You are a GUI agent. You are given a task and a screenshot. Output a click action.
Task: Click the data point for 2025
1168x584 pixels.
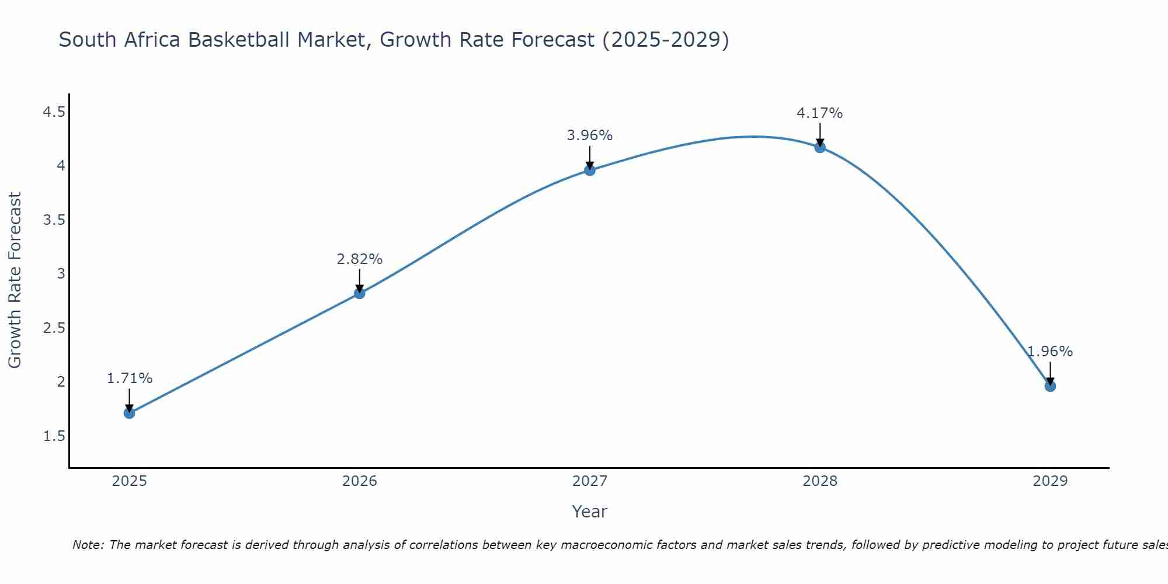click(129, 413)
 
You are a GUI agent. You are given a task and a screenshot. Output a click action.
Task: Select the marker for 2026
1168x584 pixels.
click(359, 293)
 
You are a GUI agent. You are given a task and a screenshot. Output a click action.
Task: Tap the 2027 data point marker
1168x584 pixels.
click(590, 170)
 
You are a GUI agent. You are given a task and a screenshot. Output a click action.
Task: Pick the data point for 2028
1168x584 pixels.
click(820, 147)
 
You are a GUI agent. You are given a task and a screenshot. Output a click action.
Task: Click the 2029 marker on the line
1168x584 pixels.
click(1050, 386)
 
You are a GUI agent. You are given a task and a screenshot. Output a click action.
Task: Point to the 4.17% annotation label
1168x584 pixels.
click(819, 113)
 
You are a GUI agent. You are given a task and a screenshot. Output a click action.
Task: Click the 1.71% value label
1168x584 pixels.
click(129, 378)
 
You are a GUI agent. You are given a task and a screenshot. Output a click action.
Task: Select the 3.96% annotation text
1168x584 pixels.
click(589, 135)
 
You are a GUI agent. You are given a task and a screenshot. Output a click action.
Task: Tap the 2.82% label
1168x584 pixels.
click(359, 259)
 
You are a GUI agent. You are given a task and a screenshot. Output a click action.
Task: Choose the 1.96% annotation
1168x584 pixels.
click(1049, 352)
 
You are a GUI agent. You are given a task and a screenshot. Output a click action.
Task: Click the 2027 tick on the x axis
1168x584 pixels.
click(590, 481)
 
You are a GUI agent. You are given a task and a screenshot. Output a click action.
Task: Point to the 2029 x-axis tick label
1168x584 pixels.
click(1050, 481)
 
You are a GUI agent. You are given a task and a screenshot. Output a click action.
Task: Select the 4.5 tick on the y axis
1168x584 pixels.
click(54, 112)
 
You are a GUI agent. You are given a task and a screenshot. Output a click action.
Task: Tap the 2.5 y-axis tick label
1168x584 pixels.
click(54, 328)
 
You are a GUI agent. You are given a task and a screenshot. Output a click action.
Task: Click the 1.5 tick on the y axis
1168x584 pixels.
click(54, 436)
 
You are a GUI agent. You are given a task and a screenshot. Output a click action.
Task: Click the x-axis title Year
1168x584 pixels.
click(589, 512)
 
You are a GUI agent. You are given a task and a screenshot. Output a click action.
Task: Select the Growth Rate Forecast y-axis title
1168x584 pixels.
click(15, 280)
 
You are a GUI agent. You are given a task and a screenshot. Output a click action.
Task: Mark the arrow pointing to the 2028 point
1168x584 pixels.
click(820, 134)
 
